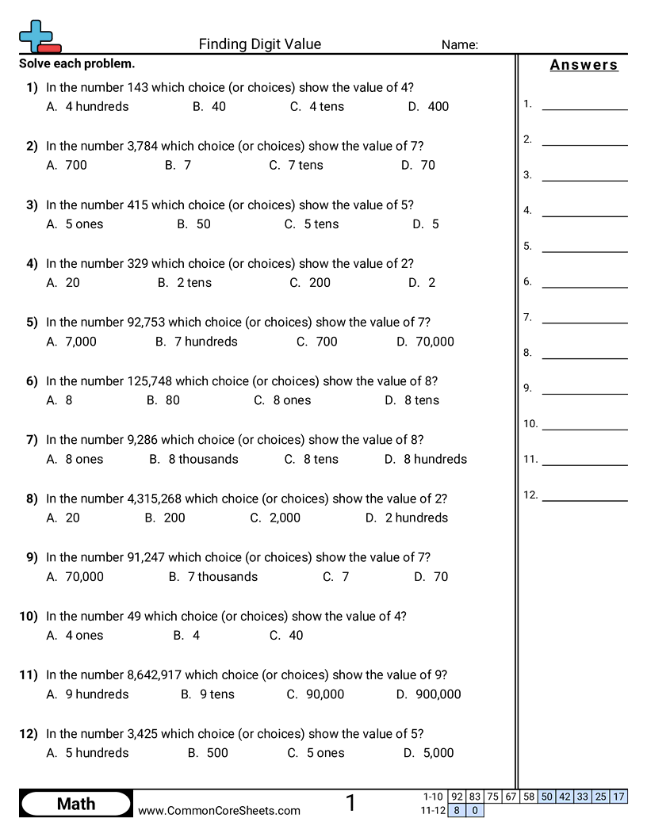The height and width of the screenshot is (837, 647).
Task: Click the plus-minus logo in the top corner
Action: [x=38, y=36]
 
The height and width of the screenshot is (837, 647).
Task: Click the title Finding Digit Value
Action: [x=260, y=44]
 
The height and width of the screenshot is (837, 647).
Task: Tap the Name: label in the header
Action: [x=459, y=45]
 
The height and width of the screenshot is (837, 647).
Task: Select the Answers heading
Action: [x=584, y=65]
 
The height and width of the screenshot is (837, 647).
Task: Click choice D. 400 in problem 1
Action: [x=429, y=106]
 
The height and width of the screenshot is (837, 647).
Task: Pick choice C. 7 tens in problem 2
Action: [x=296, y=165]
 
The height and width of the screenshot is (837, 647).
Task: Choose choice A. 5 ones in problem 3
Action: [x=75, y=224]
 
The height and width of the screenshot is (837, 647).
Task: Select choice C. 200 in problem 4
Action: [x=310, y=282]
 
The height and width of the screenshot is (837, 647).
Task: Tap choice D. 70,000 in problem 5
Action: [x=425, y=342]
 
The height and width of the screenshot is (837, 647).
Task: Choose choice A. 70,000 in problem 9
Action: [x=75, y=576]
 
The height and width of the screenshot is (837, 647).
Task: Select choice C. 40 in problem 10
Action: [x=286, y=635]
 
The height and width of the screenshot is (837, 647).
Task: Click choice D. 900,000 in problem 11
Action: [x=428, y=694]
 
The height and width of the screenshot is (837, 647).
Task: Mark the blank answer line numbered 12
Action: [x=584, y=499]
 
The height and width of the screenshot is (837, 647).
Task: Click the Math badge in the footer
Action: [x=76, y=804]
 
